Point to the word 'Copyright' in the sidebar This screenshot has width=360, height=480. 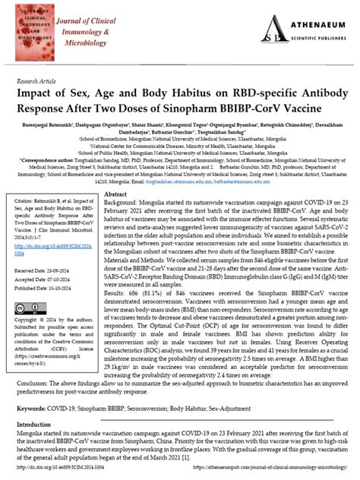(x=34, y=300)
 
